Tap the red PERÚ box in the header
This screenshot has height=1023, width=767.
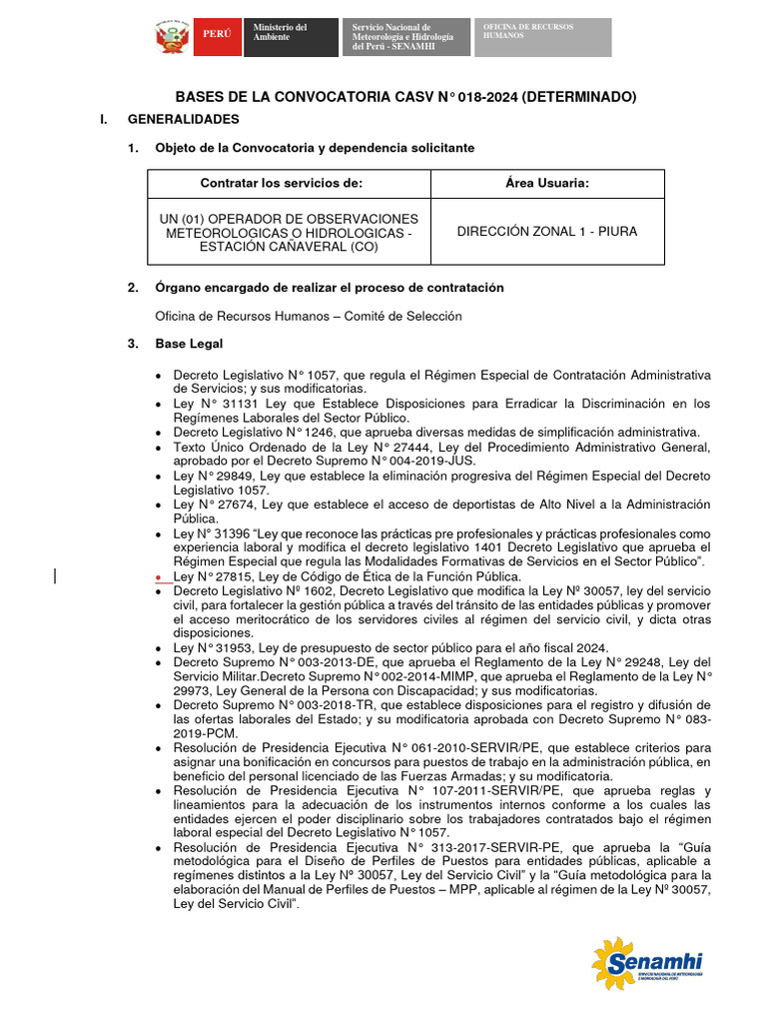tap(217, 35)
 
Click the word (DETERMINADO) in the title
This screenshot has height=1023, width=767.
tap(578, 97)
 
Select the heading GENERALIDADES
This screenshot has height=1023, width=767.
tap(184, 119)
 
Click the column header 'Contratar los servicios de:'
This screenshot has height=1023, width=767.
tap(281, 184)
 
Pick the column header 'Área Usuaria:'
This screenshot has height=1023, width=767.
tap(546, 184)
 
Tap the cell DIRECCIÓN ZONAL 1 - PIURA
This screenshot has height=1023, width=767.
tap(546, 232)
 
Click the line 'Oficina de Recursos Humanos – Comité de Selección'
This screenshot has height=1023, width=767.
tap(308, 316)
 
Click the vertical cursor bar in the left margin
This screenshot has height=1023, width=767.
tap(55, 574)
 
